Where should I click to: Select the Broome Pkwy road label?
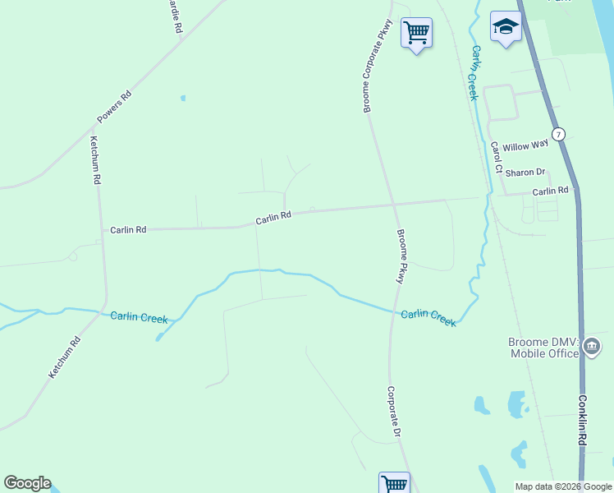tap(401, 256)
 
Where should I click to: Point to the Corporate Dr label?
tap(393, 412)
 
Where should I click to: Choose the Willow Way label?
tap(525, 146)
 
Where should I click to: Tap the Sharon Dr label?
tap(525, 173)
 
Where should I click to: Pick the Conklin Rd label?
tap(581, 422)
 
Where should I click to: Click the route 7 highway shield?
tap(558, 134)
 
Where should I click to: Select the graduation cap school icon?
tap(506, 26)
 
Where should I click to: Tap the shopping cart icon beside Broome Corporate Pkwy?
tap(416, 33)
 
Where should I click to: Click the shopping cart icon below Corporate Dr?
tap(394, 484)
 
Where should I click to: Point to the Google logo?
tap(27, 483)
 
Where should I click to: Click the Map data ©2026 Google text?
tap(562, 486)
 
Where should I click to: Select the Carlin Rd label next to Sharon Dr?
tap(550, 191)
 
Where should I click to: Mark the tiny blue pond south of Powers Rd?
tap(182, 99)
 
